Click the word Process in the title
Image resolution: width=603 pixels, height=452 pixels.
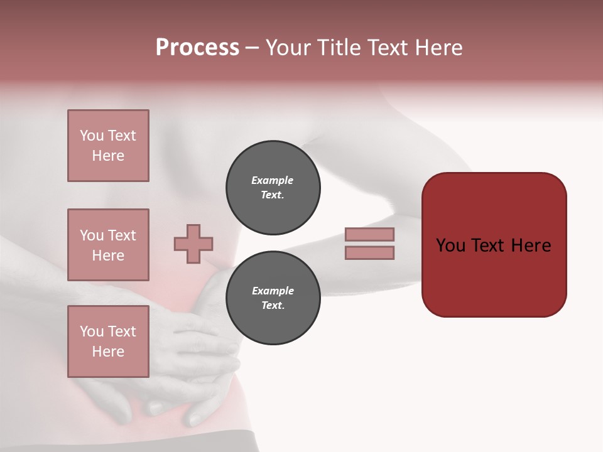point(197,47)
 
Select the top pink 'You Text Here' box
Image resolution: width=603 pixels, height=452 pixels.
point(108,146)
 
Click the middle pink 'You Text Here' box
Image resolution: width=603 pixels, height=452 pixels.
point(108,245)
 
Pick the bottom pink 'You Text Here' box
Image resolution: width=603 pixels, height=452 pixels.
point(108,342)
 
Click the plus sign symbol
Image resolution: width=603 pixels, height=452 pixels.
point(193,244)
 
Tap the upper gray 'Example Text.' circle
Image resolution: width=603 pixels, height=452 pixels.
point(273,188)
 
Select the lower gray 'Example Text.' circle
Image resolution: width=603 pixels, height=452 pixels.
point(273,298)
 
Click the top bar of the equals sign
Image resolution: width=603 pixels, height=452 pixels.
point(369,234)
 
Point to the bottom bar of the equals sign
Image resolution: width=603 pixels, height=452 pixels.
point(369,253)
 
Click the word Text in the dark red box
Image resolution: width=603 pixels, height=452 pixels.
point(493,245)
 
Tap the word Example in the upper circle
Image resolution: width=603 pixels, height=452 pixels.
point(273,181)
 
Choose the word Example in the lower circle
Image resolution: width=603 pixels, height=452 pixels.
point(273,291)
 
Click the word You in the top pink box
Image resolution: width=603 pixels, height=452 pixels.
point(91,136)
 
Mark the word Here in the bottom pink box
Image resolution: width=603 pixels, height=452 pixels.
point(108,352)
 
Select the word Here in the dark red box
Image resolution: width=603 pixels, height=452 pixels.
point(531,245)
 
